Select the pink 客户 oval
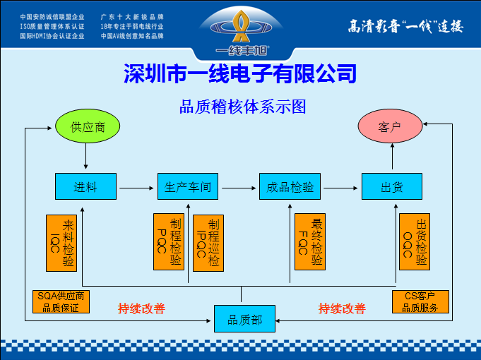coord(390,127)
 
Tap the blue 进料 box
coord(85,187)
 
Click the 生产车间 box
coord(188,187)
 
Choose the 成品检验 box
coord(290,187)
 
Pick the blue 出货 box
coord(391,187)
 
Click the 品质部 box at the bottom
coord(244,319)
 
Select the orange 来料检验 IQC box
coord(61,243)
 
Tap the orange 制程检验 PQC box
coord(169,243)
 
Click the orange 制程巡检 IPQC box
coord(208,243)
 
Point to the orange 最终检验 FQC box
coord(309,243)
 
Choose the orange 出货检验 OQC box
coord(415,243)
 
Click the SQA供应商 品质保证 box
coord(61,301)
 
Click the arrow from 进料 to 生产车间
coord(136,188)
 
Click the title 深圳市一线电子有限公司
coord(240,73)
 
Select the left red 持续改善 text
coord(141,308)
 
